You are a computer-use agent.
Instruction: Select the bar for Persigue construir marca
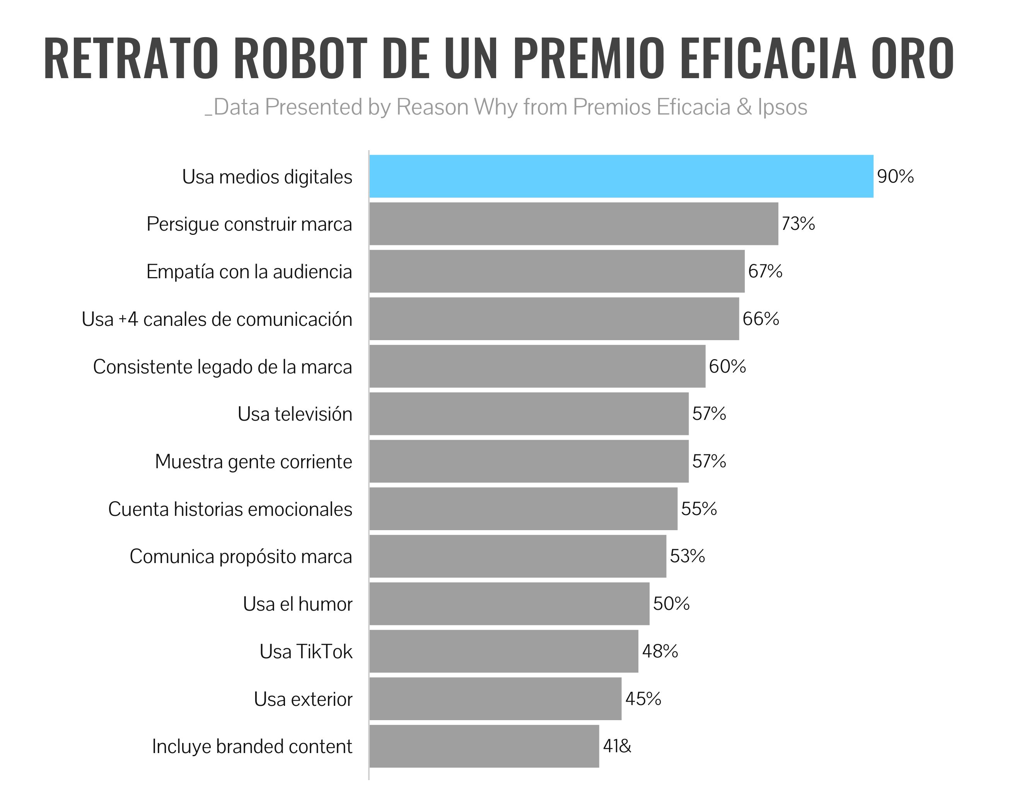click(574, 224)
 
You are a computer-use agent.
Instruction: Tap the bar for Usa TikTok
click(503, 651)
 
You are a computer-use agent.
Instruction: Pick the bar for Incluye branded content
click(485, 746)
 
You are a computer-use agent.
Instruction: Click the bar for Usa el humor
click(509, 604)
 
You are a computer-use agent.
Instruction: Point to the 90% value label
click(895, 176)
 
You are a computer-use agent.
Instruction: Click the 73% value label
click(798, 224)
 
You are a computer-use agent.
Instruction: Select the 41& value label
click(617, 746)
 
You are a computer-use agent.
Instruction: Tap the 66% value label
click(761, 319)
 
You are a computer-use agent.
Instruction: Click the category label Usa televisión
click(295, 414)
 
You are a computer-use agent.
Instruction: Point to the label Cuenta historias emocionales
click(230, 509)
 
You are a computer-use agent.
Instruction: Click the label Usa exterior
click(303, 699)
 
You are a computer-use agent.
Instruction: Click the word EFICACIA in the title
click(768, 58)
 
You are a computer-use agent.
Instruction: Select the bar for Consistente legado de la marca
click(537, 366)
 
